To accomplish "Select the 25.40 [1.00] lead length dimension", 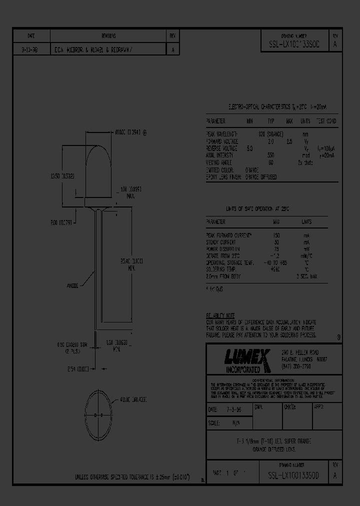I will point(132,264).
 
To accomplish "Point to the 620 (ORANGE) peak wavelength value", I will point(271,134).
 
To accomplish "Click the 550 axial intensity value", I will point(271,155).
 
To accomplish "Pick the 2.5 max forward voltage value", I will point(289,141).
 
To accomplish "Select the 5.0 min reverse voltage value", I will point(250,148).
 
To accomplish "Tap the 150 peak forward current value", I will point(276,234).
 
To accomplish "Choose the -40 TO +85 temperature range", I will point(276,262).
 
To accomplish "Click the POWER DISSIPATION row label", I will point(223,248).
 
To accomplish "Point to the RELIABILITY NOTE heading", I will point(220,316).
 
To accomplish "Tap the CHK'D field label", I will point(290,408).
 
